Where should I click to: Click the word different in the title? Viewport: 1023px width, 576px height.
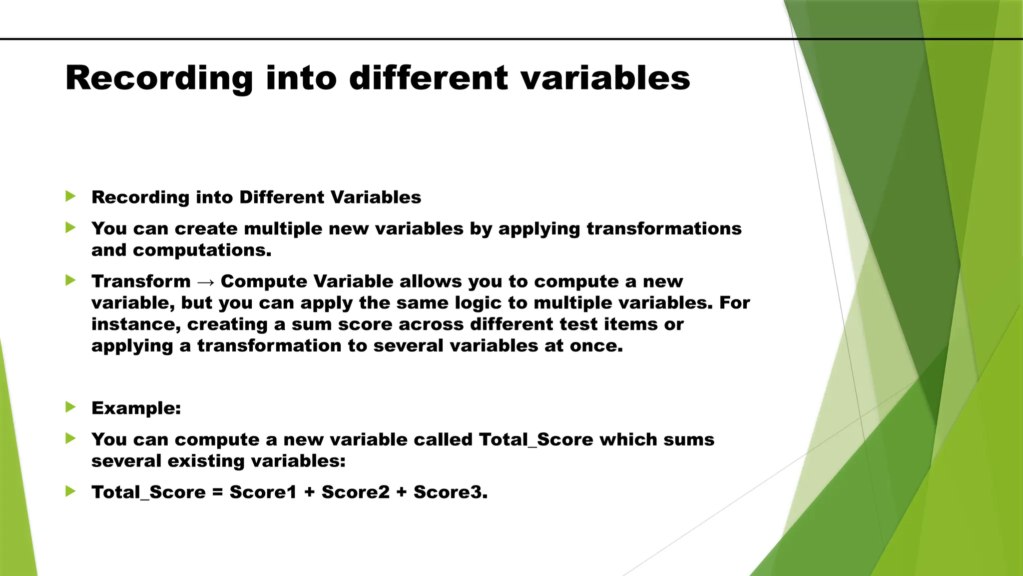pyautogui.click(x=429, y=78)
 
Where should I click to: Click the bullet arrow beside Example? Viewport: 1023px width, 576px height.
pyautogui.click(x=70, y=407)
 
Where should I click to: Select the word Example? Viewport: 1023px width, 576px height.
pyautogui.click(x=136, y=408)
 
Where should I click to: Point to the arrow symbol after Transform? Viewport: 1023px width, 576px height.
pyautogui.click(x=206, y=282)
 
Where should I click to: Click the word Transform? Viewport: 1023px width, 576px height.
pyautogui.click(x=141, y=281)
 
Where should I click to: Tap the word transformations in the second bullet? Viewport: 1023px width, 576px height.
pyautogui.click(x=664, y=228)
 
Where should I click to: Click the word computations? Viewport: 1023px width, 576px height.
pyautogui.click(x=202, y=250)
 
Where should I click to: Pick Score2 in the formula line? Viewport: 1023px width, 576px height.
pyautogui.click(x=355, y=492)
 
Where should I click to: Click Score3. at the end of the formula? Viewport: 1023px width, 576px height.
pyautogui.click(x=450, y=492)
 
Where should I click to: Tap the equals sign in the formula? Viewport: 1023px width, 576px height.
pyautogui.click(x=217, y=492)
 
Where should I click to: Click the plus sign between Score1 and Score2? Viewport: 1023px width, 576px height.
pyautogui.click(x=309, y=492)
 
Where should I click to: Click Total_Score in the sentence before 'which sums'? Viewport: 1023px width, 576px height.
pyautogui.click(x=536, y=439)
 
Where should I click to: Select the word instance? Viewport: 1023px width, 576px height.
pyautogui.click(x=136, y=324)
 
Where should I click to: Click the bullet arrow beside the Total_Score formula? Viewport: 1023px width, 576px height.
pyautogui.click(x=70, y=491)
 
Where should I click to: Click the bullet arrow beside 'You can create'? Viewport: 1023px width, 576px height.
pyautogui.click(x=70, y=228)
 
